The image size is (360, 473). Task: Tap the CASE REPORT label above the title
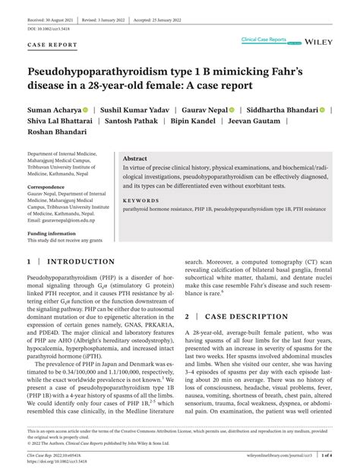click(x=52, y=46)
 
